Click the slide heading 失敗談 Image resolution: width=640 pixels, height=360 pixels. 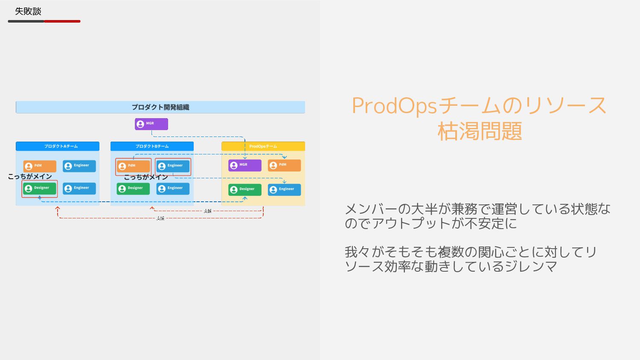[28, 12]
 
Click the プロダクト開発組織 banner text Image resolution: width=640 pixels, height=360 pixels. [160, 107]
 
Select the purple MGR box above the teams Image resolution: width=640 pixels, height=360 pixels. [151, 124]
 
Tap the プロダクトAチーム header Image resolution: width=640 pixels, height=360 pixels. [58, 146]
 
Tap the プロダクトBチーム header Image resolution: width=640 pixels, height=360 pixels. [152, 146]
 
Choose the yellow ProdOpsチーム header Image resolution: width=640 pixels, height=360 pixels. [263, 146]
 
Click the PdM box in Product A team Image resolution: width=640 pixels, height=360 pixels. [40, 166]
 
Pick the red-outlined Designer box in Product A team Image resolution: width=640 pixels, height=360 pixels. [40, 188]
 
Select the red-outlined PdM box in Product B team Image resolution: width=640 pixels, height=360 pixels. [133, 166]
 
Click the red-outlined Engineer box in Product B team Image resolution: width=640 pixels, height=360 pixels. [173, 166]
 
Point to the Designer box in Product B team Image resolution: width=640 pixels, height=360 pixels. [133, 188]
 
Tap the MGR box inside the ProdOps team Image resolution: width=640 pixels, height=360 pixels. [244, 165]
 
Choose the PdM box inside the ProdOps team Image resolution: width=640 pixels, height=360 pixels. [284, 165]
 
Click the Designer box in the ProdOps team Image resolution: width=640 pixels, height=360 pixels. [244, 189]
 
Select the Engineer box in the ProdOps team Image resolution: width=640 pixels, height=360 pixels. [284, 189]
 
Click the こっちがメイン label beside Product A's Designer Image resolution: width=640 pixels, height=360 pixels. [30, 177]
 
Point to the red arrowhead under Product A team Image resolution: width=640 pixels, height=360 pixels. [58, 209]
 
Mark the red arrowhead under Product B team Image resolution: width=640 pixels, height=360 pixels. [152, 208]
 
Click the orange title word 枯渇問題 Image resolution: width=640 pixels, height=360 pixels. [480, 131]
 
